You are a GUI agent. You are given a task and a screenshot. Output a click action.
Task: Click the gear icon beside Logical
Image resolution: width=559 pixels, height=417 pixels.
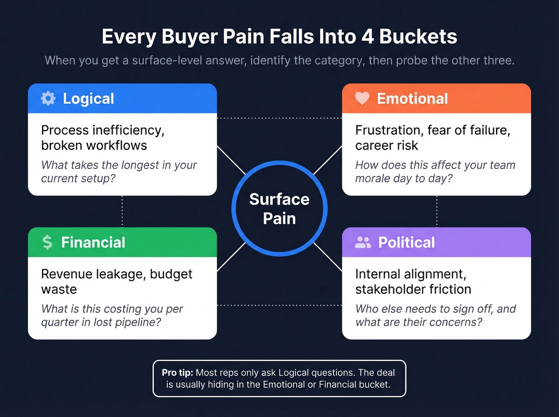click(48, 99)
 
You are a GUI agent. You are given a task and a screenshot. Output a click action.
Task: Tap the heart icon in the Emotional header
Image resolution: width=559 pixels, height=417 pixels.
click(362, 98)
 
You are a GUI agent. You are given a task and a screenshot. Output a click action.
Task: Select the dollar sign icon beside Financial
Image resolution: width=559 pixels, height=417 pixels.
click(48, 242)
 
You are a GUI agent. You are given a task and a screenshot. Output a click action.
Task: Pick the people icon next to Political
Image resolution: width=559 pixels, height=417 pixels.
click(363, 242)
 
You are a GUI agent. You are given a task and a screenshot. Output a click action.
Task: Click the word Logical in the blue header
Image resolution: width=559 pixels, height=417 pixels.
click(89, 99)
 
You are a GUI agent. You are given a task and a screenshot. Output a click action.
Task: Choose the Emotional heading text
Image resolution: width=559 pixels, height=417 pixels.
click(412, 99)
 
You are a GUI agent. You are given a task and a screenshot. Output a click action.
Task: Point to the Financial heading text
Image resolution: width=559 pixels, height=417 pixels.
click(93, 242)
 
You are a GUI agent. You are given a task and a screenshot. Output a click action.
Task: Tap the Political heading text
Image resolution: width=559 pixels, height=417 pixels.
click(406, 242)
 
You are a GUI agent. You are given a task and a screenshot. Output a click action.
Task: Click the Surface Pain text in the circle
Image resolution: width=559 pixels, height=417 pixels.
click(279, 209)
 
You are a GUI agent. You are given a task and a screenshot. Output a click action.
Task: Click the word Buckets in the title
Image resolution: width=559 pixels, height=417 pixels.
click(418, 36)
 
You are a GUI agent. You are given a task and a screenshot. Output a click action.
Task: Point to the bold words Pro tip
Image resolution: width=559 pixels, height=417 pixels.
click(177, 373)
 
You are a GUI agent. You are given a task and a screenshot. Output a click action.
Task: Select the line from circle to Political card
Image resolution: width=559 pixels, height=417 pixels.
click(328, 256)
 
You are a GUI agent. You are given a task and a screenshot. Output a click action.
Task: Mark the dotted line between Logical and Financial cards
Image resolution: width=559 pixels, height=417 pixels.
click(122, 211)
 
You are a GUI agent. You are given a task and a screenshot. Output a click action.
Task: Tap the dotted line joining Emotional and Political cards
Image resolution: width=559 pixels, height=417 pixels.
click(436, 211)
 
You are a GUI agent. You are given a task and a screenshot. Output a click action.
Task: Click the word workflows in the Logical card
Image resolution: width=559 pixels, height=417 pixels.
click(121, 146)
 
